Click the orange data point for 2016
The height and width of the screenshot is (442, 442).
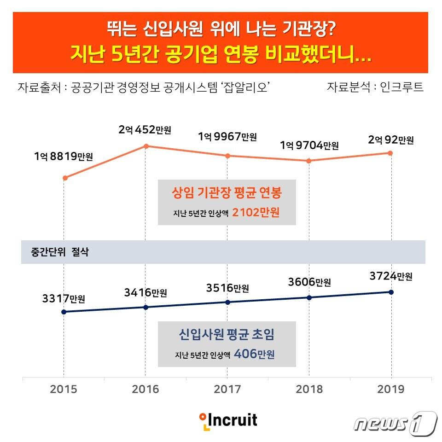pos(146,146)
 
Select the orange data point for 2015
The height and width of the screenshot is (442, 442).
pos(65,178)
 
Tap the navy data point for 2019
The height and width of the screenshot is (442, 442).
pos(391,292)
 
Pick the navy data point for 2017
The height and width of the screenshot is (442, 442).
pos(227,302)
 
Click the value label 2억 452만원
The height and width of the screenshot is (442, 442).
pos(145,130)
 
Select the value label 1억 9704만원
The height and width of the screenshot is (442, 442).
pos(309,145)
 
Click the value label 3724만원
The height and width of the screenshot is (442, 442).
pos(390,277)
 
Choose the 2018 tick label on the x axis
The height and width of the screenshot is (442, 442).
pos(309,390)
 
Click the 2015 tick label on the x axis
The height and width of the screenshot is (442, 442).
pos(64,390)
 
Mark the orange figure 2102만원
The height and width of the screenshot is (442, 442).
pos(256,213)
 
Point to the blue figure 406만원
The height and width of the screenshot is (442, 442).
pos(254,355)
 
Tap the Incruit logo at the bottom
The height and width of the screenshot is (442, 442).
pos(228,420)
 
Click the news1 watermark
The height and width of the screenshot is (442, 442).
pos(395,423)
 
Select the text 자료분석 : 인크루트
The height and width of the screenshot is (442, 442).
pos(375,87)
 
